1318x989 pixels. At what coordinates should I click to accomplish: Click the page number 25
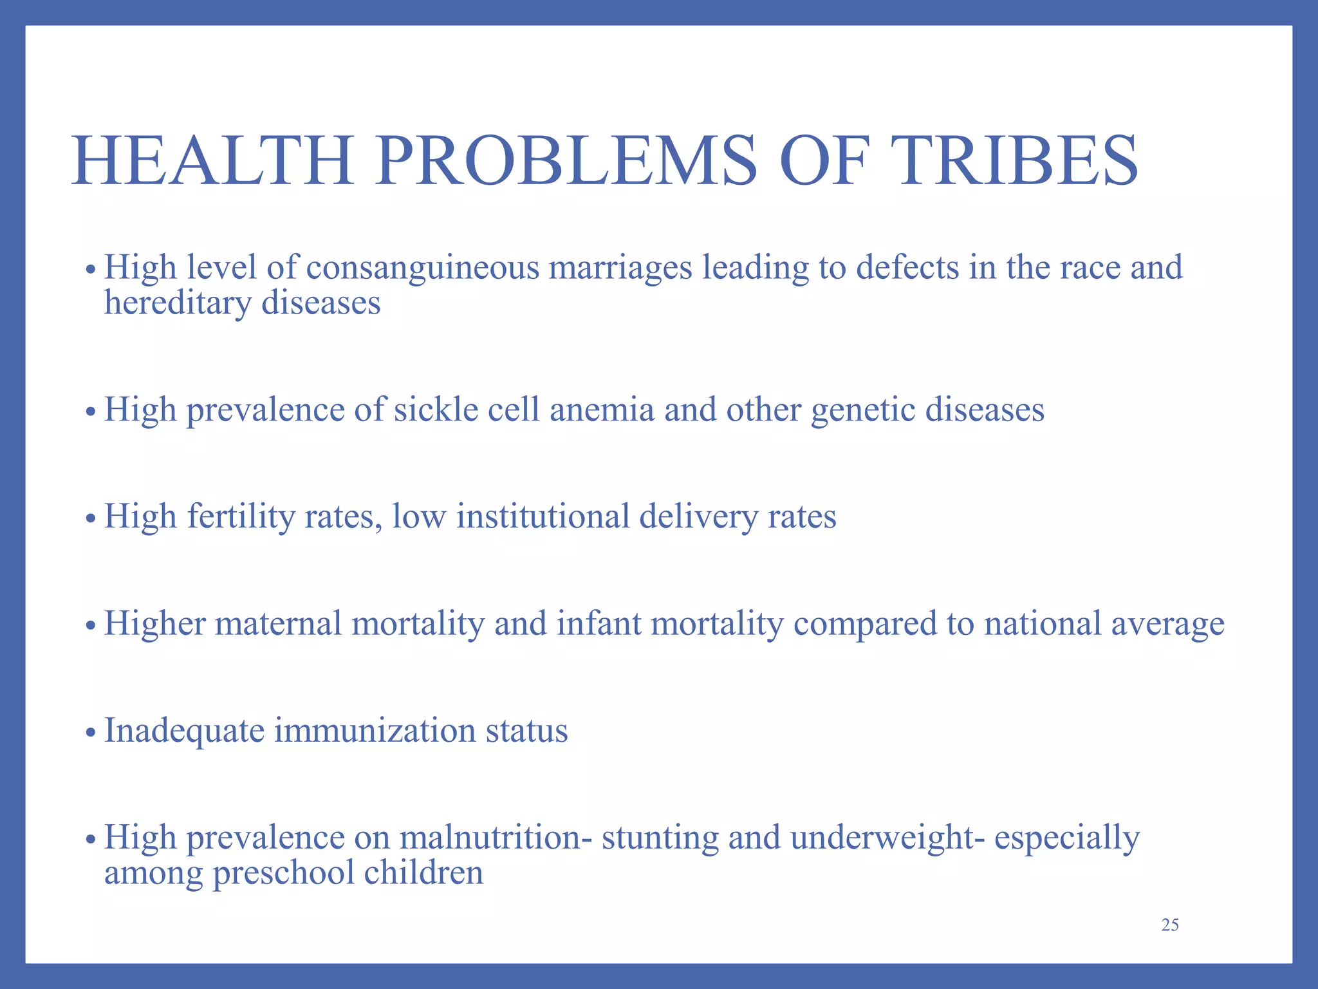pyautogui.click(x=1170, y=925)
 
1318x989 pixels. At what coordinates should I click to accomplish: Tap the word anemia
pyautogui.click(x=602, y=410)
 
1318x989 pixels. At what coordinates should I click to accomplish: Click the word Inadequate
pyautogui.click(x=184, y=731)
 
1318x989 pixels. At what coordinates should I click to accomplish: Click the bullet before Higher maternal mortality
pyautogui.click(x=91, y=625)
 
